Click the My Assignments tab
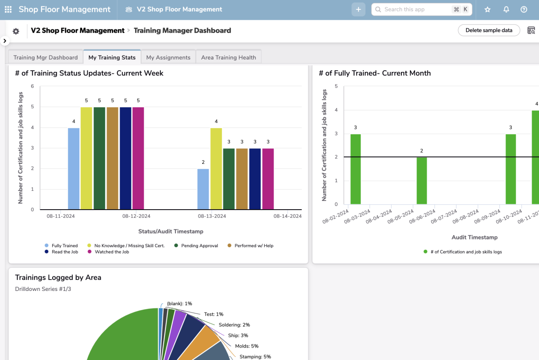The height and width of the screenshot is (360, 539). pyautogui.click(x=168, y=58)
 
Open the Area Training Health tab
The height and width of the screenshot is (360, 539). pyautogui.click(x=228, y=58)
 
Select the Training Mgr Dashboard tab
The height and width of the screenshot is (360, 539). pyautogui.click(x=45, y=58)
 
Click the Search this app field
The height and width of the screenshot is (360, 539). pyautogui.click(x=416, y=9)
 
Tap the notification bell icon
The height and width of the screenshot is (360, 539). pyautogui.click(x=506, y=9)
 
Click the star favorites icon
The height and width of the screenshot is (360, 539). pyautogui.click(x=488, y=9)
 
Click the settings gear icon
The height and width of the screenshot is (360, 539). pyautogui.click(x=16, y=31)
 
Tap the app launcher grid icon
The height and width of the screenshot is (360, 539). pyautogui.click(x=8, y=9)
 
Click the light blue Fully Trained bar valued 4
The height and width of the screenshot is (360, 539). pyautogui.click(x=73, y=168)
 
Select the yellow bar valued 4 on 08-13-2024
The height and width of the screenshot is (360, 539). pyautogui.click(x=216, y=168)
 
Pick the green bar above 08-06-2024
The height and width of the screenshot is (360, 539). pyautogui.click(x=422, y=180)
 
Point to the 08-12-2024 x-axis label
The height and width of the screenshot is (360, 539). pyautogui.click(x=136, y=216)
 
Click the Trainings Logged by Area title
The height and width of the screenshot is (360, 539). pyautogui.click(x=58, y=277)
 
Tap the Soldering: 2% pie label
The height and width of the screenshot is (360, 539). pyautogui.click(x=234, y=325)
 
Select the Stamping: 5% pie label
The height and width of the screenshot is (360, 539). pyautogui.click(x=255, y=357)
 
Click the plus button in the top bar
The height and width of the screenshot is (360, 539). pyautogui.click(x=358, y=9)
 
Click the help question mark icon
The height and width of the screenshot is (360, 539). pyautogui.click(x=524, y=9)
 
